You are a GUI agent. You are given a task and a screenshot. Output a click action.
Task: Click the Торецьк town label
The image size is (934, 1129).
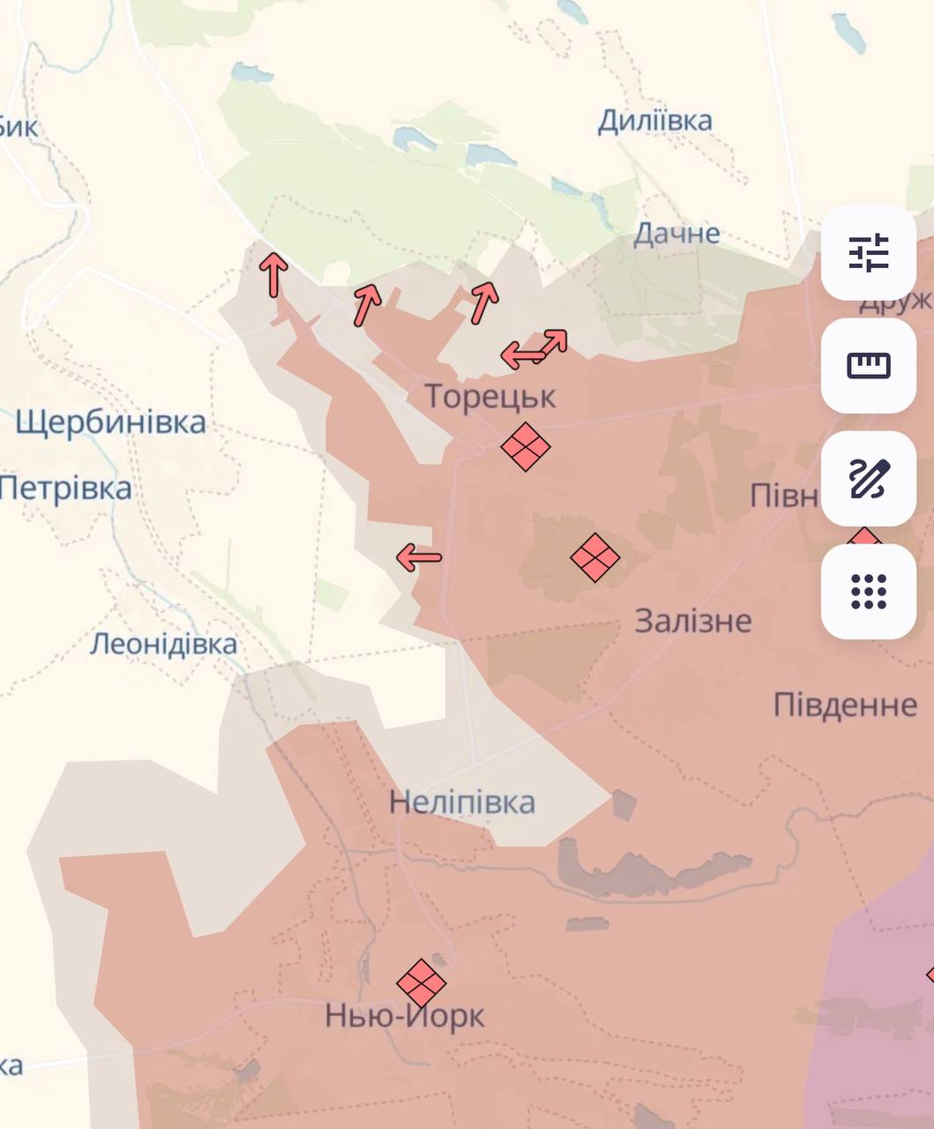click(x=490, y=397)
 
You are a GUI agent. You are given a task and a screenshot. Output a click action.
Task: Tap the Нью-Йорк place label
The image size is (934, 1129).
click(x=405, y=1016)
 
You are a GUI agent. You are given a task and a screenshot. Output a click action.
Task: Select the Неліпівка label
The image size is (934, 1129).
click(x=462, y=803)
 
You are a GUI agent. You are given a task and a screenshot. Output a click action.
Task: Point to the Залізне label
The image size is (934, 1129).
click(x=693, y=621)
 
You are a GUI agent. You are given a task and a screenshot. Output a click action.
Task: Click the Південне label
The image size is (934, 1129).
click(x=845, y=705)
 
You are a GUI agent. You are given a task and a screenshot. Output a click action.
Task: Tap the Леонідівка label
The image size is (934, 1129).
click(x=163, y=644)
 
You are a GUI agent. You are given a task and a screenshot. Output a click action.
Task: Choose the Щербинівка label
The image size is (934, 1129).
click(x=110, y=422)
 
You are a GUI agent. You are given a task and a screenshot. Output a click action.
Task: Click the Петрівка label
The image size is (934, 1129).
click(x=65, y=488)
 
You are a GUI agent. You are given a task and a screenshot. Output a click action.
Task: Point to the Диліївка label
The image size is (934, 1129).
click(x=654, y=121)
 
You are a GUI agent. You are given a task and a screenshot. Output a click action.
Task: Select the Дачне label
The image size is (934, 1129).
click(x=676, y=234)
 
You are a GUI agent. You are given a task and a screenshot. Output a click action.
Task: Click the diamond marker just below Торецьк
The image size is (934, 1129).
click(x=525, y=446)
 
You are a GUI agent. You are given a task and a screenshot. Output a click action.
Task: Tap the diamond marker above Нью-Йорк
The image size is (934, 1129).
click(x=421, y=983)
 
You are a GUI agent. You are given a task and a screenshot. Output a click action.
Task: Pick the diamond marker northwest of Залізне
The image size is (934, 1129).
click(x=594, y=557)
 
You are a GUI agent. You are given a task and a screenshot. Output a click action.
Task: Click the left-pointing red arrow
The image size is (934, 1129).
click(x=418, y=557)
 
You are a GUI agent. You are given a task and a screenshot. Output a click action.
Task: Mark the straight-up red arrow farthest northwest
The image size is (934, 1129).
click(x=273, y=274)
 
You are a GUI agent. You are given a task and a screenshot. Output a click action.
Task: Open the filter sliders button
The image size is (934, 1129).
click(x=868, y=252)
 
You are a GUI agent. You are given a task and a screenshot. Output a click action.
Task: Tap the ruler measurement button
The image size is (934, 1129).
click(x=868, y=365)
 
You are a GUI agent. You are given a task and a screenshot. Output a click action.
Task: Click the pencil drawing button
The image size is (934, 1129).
click(x=868, y=478)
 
